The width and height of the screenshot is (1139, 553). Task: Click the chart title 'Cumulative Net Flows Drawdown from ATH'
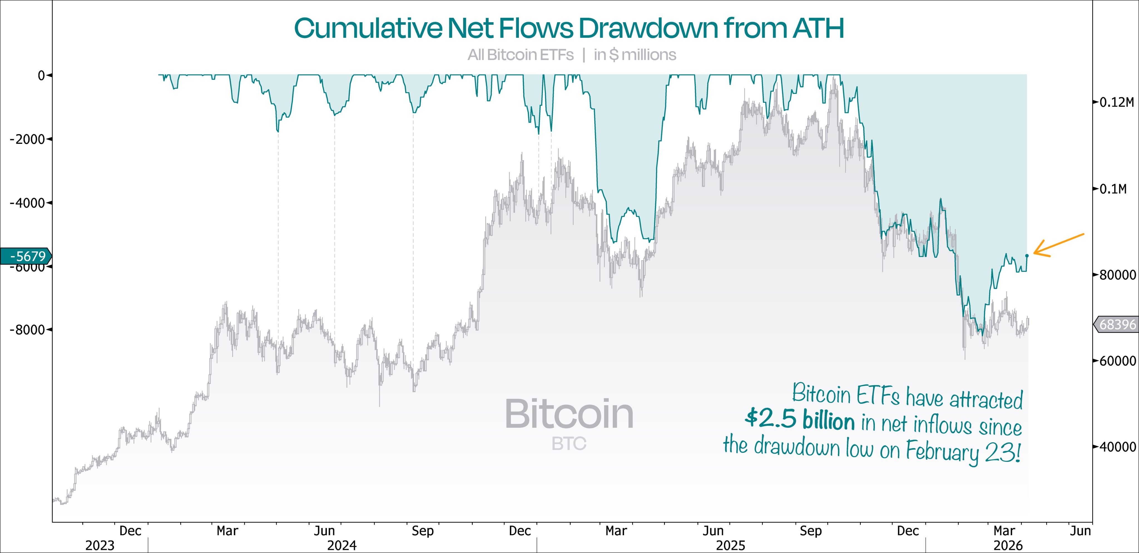[569, 28]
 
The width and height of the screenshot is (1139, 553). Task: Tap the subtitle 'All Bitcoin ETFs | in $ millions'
[572, 55]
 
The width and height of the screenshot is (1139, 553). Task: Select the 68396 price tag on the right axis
[1117, 325]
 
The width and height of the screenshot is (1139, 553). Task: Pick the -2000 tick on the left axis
[28, 139]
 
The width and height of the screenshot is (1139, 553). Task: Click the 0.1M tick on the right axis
[1113, 189]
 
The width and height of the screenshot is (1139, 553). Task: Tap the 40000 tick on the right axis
[1117, 447]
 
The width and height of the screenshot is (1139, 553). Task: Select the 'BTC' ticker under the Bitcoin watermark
[569, 444]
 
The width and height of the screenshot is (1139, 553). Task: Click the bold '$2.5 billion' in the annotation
[800, 419]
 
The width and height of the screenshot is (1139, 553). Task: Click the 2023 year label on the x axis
[100, 546]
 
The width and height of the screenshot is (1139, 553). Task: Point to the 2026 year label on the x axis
[1008, 546]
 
